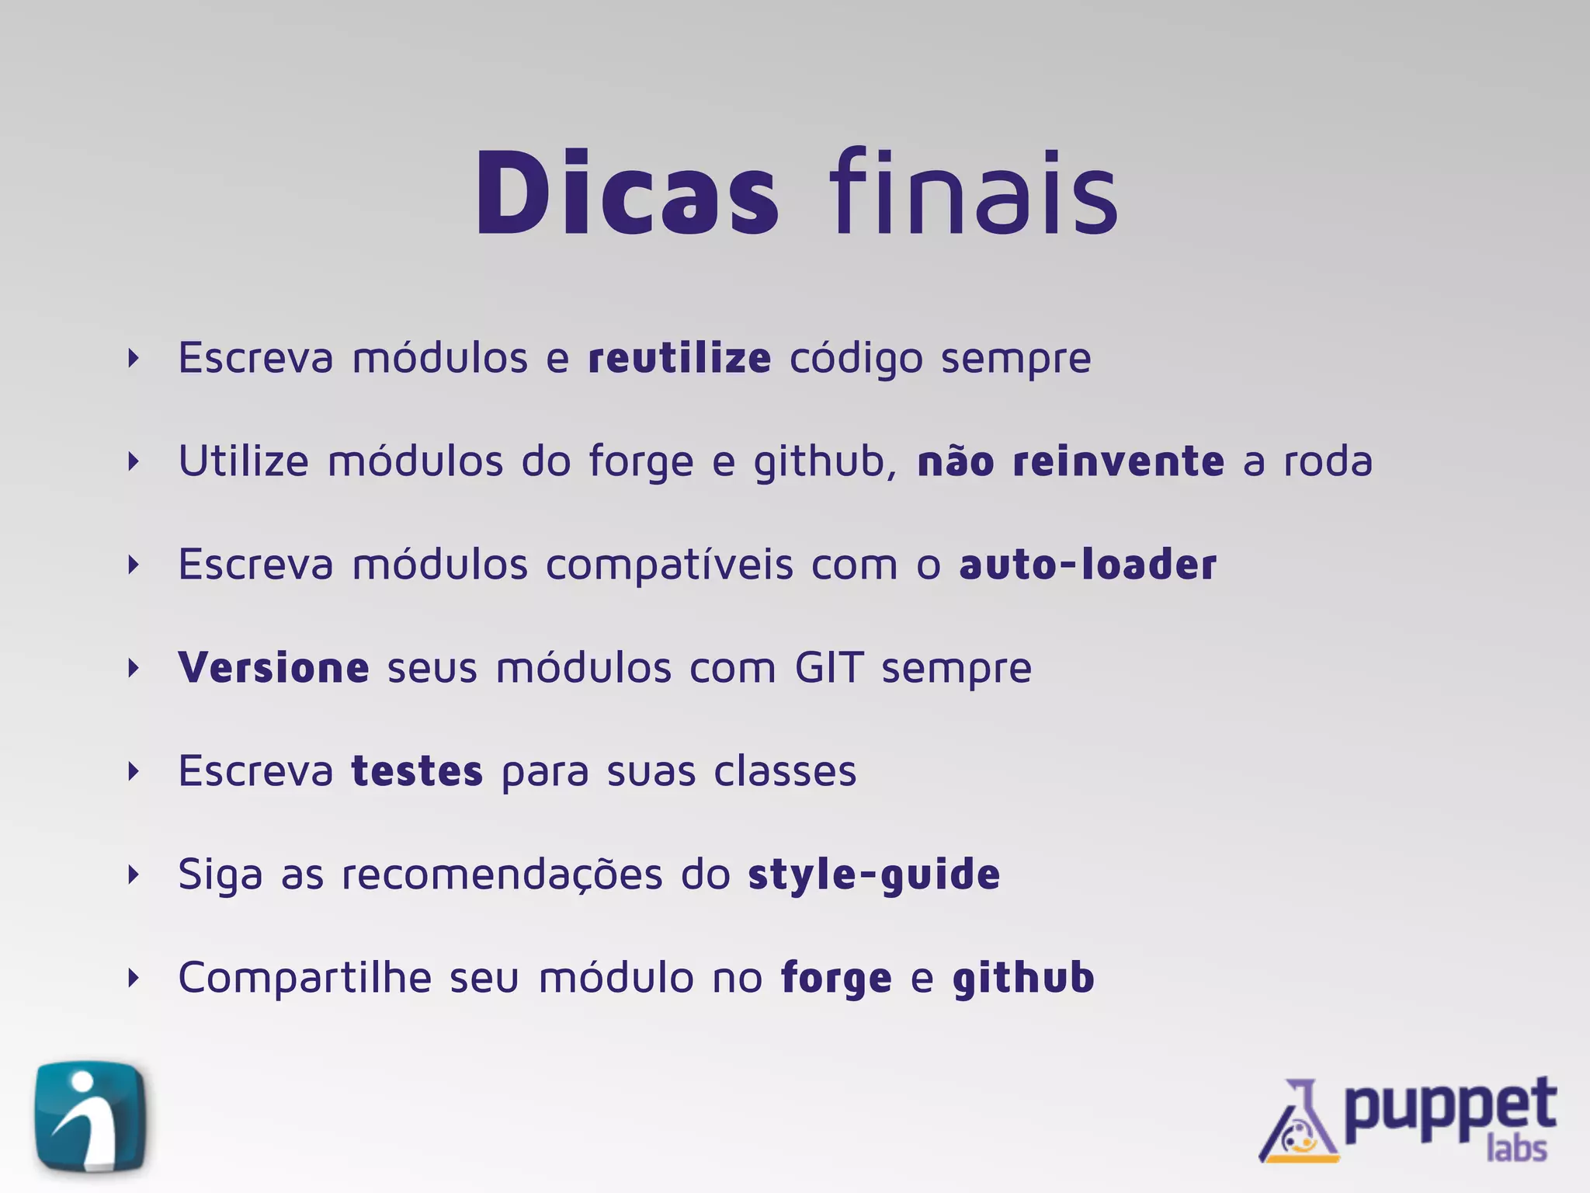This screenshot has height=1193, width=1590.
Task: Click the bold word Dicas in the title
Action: (x=626, y=192)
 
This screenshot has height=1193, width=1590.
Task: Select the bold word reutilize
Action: (x=679, y=358)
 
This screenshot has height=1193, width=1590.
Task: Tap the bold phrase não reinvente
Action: (x=1071, y=461)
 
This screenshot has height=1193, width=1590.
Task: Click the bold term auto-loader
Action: (x=1088, y=565)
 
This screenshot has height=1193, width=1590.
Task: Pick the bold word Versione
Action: (x=273, y=668)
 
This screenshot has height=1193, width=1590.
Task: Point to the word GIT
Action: (x=828, y=668)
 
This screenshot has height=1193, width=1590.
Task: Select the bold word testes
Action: (x=417, y=771)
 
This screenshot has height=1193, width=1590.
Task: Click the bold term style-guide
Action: (x=874, y=875)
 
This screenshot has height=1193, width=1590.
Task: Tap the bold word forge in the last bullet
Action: (x=836, y=979)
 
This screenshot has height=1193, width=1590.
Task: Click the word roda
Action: (x=1328, y=461)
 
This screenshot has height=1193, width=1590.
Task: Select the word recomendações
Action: (x=502, y=875)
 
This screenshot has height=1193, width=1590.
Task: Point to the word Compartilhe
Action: (x=304, y=978)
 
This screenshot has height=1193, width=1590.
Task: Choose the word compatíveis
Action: (x=669, y=565)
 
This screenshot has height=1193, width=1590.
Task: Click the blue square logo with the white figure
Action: (x=91, y=1116)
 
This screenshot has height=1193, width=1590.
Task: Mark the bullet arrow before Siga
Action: (x=134, y=875)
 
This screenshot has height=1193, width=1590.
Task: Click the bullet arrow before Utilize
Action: (x=134, y=461)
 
